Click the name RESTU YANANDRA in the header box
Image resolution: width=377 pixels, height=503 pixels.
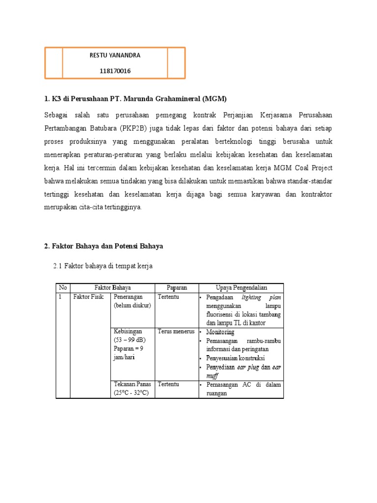pos(115,55)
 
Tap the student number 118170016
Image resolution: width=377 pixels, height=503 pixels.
pos(115,71)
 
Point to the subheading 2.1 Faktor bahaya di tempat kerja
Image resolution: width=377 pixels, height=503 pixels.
pos(103,266)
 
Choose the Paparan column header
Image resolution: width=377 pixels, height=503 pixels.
pos(176,287)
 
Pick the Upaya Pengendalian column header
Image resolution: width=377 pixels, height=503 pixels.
pos(242,287)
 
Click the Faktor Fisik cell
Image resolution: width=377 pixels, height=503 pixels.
pos(88,297)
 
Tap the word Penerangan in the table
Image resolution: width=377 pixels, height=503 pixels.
pos(129,297)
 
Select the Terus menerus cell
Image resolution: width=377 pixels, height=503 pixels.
pos(176,332)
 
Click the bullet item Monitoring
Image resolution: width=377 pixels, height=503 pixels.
pos(220,332)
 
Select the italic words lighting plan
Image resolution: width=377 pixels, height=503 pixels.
pos(261,298)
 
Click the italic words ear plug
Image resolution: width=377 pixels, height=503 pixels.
pos(249,367)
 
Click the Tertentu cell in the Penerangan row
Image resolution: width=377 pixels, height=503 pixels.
pos(168,297)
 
